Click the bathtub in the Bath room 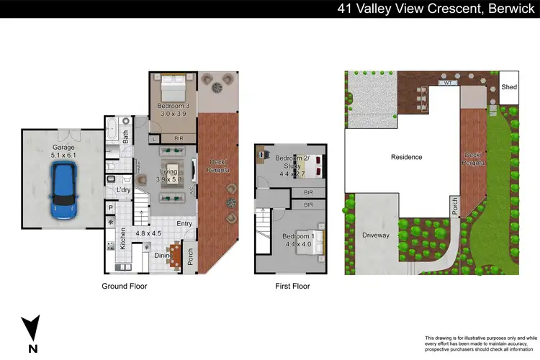pyautogui.click(x=112, y=132)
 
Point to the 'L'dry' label pyautogui.click(x=123, y=189)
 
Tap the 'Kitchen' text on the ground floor pyautogui.click(x=123, y=238)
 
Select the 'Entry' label pyautogui.click(x=185, y=224)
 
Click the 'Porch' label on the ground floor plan pyautogui.click(x=191, y=257)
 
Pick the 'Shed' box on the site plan pyautogui.click(x=509, y=87)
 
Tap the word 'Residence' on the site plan pyautogui.click(x=406, y=157)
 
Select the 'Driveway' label pyautogui.click(x=375, y=234)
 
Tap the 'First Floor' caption pyautogui.click(x=292, y=286)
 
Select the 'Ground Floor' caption pyautogui.click(x=124, y=286)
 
